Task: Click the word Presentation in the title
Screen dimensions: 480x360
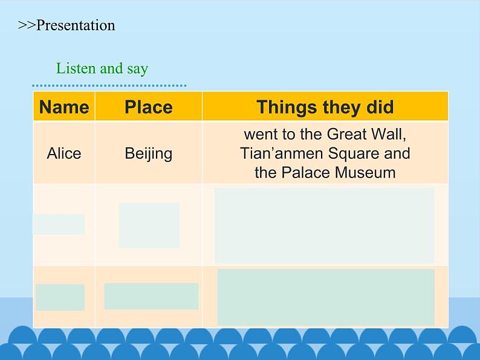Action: point(76,25)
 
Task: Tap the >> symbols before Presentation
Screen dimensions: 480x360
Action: point(27,25)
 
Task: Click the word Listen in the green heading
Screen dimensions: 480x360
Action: point(76,68)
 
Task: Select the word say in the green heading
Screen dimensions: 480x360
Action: point(137,69)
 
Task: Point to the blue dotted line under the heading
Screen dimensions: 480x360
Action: point(109,86)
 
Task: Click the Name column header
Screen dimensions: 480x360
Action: point(64,107)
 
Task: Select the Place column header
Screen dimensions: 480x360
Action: point(149,107)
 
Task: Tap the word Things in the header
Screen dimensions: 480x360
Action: point(287,108)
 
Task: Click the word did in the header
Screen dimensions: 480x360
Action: point(380,107)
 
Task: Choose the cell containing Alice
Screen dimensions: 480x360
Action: point(64,153)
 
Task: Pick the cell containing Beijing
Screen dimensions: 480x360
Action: point(149,153)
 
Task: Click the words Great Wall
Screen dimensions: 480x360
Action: point(366,134)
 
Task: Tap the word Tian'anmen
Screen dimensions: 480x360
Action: point(281,153)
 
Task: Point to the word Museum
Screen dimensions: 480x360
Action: point(365,172)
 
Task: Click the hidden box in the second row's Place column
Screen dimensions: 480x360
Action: point(149,225)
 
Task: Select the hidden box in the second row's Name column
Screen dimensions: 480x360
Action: point(59,224)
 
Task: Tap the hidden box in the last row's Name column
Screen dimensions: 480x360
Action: point(60,297)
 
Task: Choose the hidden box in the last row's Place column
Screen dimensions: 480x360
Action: point(151,296)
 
